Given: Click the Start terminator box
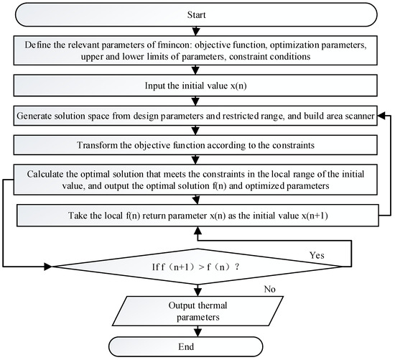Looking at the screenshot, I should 197,13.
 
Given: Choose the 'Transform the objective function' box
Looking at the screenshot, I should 197,145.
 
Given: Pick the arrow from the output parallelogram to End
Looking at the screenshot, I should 197,331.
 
